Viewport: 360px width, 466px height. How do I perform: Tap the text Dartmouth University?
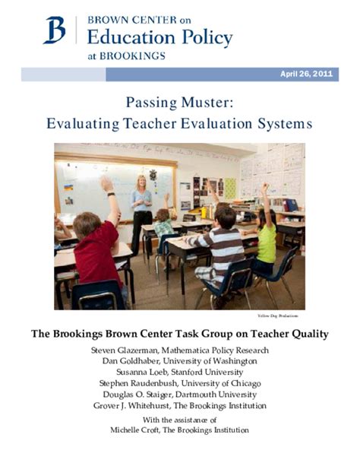pos(220,395)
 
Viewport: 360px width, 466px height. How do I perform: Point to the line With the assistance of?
pos(179,420)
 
